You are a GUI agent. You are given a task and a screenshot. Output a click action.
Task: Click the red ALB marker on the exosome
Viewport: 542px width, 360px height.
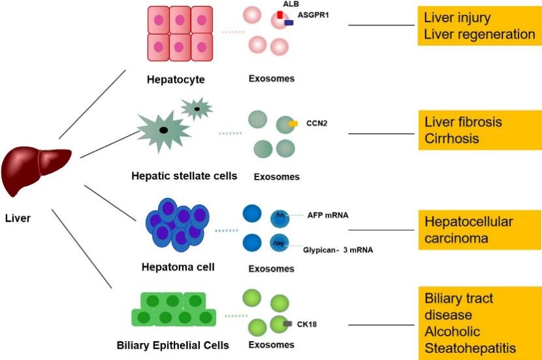[279, 14]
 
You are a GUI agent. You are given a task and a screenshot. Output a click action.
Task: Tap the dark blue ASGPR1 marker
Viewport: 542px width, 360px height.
[289, 23]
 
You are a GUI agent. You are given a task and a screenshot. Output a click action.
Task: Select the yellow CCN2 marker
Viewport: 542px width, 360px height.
[293, 123]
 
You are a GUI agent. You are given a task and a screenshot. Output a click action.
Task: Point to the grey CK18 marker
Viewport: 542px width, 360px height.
[287, 323]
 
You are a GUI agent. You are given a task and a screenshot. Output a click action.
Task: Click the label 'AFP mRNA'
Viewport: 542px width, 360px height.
[330, 215]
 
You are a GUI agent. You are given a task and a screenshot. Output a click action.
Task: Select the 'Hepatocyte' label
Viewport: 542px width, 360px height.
[176, 80]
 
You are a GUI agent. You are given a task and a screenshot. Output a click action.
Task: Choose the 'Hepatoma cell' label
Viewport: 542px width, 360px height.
[178, 267]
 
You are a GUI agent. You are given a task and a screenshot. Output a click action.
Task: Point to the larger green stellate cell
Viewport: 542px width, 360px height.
[163, 131]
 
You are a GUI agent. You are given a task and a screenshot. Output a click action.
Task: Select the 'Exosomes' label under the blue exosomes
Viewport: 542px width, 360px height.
[271, 269]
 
